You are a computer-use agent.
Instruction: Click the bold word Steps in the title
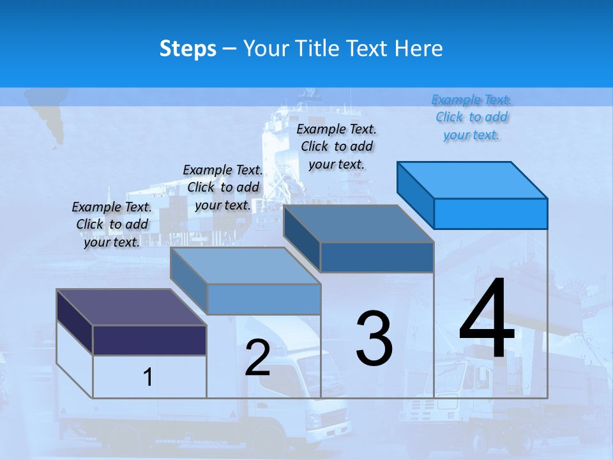tap(188, 49)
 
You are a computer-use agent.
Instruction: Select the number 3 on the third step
tap(374, 338)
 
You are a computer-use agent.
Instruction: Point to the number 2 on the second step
tap(257, 357)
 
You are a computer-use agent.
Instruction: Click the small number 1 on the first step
tap(148, 377)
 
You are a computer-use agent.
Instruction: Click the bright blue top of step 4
tap(473, 180)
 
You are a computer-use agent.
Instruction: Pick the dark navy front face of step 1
tap(149, 339)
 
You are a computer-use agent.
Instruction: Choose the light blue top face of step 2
tap(245, 266)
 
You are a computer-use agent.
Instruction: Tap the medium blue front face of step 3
tap(377, 257)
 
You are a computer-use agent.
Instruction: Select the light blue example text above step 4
tap(472, 118)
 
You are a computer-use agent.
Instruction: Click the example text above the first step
tap(112, 224)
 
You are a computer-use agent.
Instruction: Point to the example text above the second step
tap(223, 187)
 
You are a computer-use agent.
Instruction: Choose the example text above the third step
tap(337, 146)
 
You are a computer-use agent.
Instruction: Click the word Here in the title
tap(418, 49)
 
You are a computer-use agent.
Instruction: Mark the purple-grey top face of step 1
tap(131, 307)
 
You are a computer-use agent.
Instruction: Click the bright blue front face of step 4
tap(490, 213)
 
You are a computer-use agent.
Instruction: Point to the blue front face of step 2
tap(264, 299)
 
